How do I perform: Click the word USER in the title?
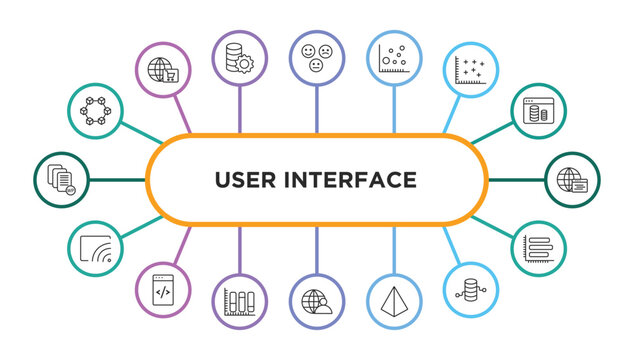point(250,180)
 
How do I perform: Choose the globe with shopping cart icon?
point(162,71)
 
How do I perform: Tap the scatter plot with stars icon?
point(471,71)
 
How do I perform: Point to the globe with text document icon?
point(573,180)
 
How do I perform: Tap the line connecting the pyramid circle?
point(394,248)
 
